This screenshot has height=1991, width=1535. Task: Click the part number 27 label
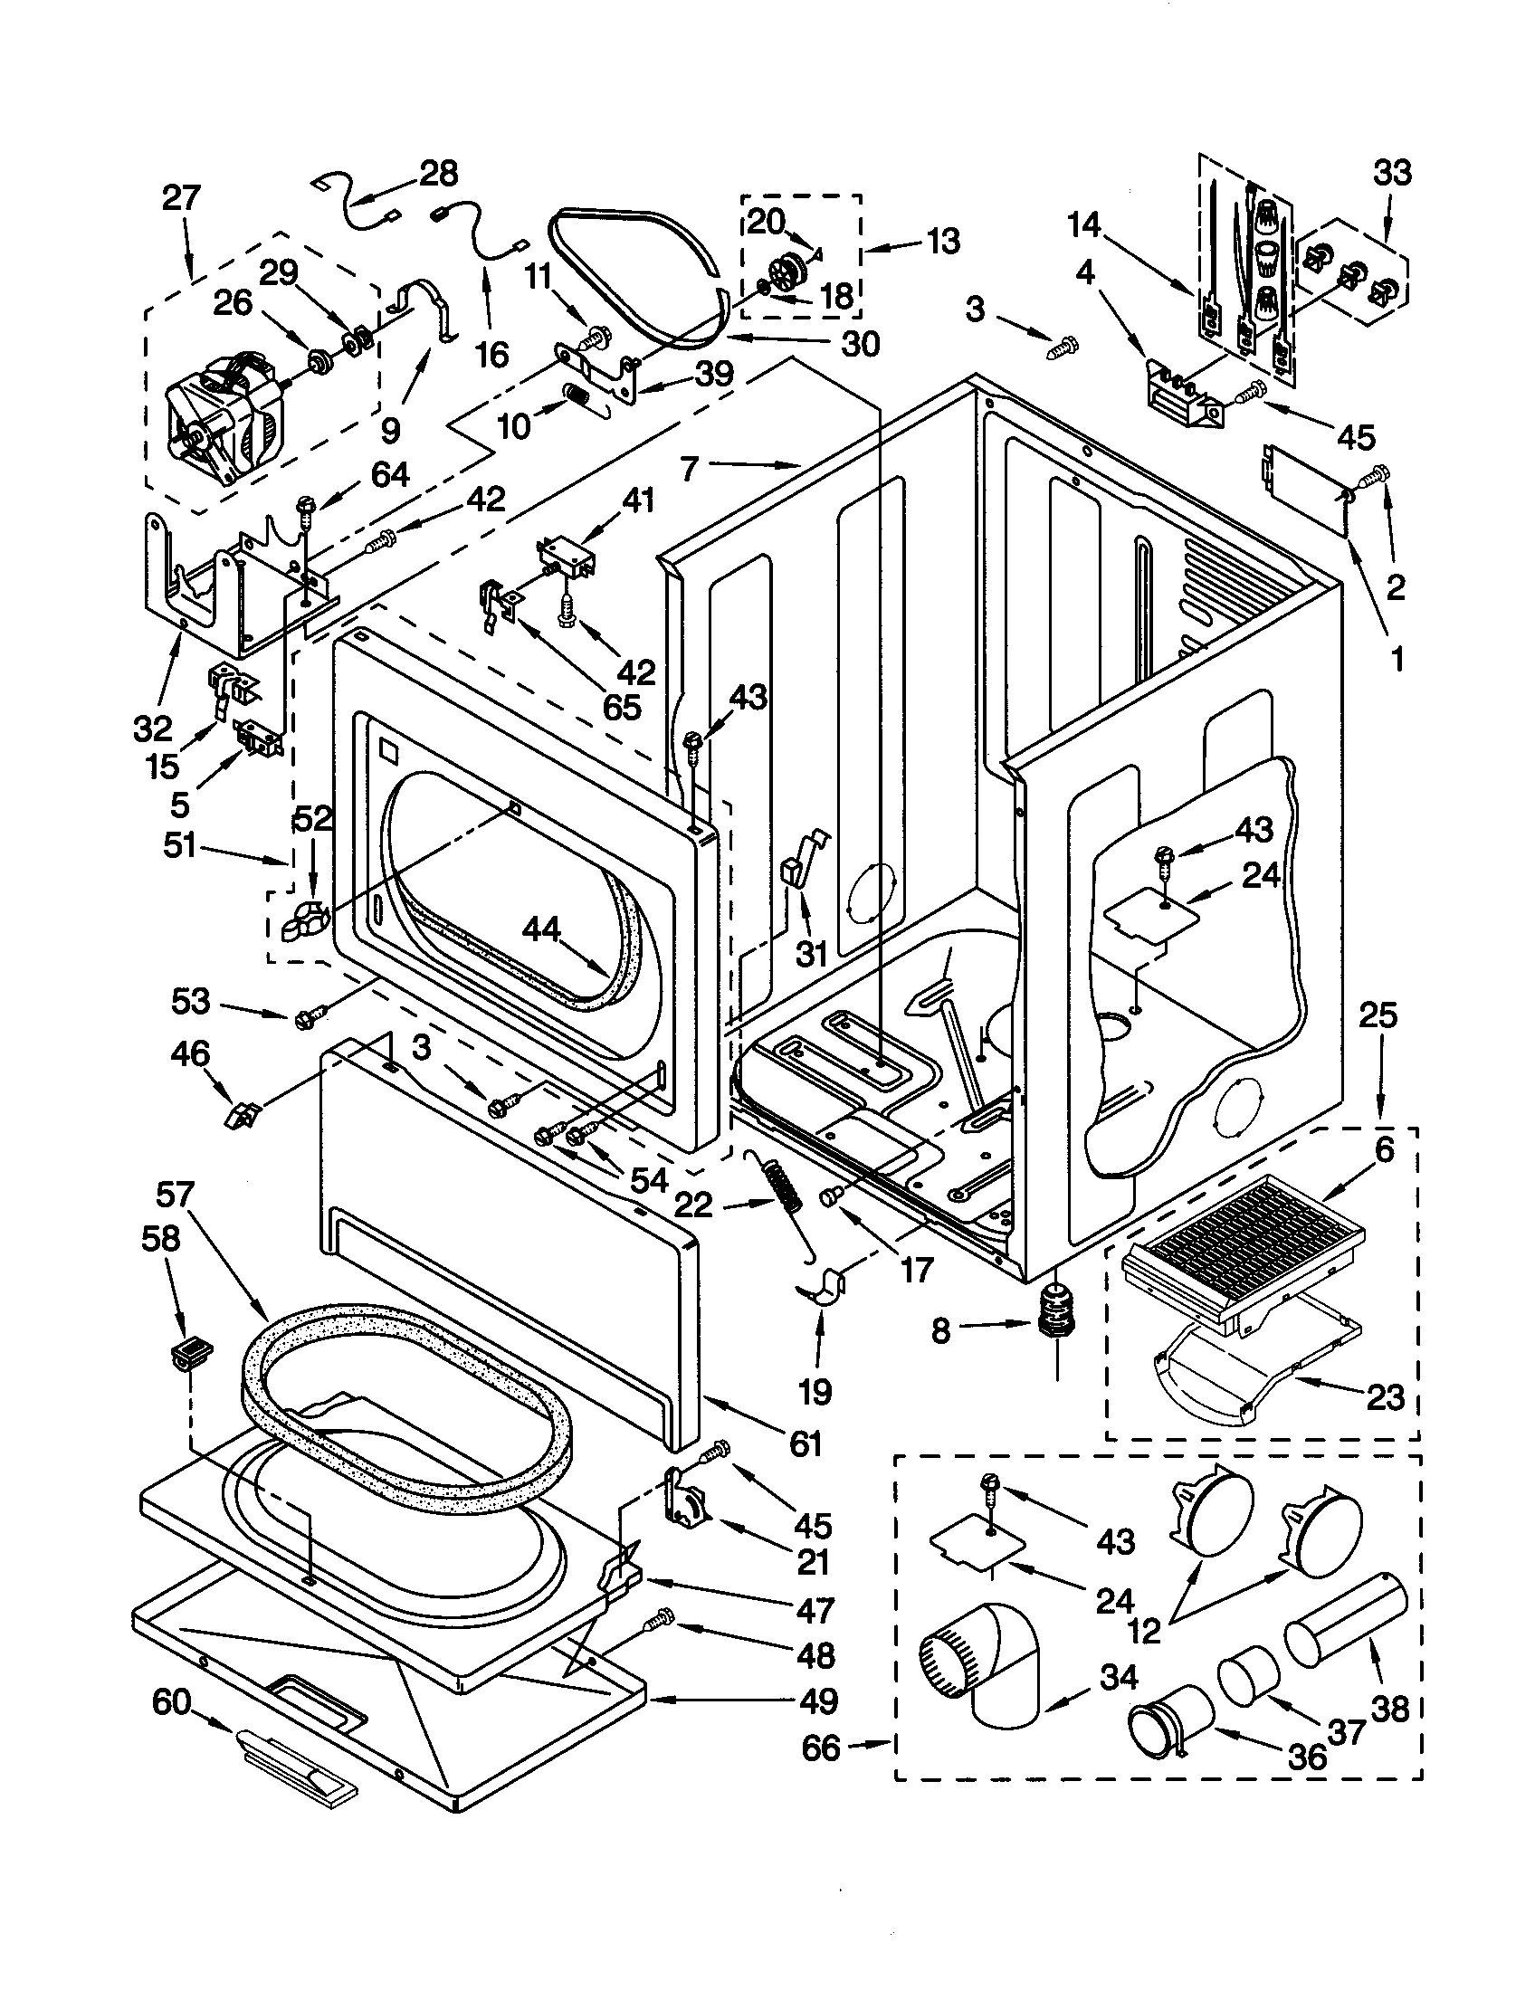click(x=179, y=198)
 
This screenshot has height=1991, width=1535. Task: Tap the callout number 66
click(x=820, y=1747)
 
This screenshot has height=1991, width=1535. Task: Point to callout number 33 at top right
click(x=1391, y=172)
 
